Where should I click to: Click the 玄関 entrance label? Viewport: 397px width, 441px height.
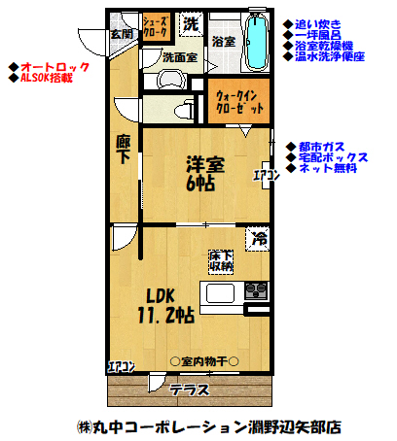(x=122, y=34)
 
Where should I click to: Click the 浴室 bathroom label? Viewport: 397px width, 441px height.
(x=223, y=42)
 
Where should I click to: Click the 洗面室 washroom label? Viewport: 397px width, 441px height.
(x=180, y=57)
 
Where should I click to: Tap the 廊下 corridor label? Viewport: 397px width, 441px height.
(x=124, y=152)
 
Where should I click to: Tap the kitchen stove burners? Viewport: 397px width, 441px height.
(x=257, y=290)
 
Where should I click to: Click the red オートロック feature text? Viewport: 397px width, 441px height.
(x=54, y=66)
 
